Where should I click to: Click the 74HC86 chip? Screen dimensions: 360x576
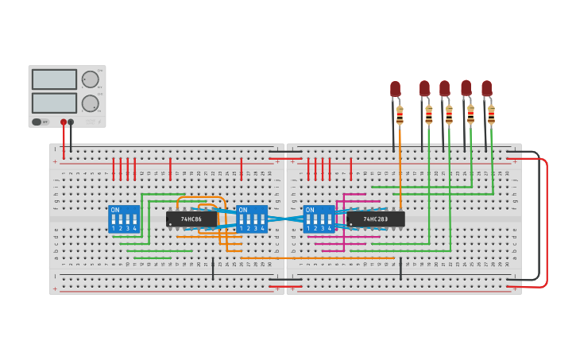pyautogui.click(x=191, y=219)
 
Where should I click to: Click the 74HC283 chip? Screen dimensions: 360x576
pyautogui.click(x=376, y=219)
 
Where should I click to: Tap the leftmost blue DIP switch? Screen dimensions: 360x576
pyautogui.click(x=123, y=219)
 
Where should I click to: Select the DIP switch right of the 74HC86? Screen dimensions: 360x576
pyautogui.click(x=252, y=219)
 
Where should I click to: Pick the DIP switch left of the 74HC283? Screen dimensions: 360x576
pyautogui.click(x=319, y=219)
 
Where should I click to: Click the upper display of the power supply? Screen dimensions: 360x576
pyautogui.click(x=54, y=79)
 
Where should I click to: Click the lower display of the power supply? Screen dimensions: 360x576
pyautogui.click(x=54, y=103)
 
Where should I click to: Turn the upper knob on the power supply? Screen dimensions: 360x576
pyautogui.click(x=90, y=79)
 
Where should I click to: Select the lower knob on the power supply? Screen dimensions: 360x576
pyautogui.click(x=90, y=103)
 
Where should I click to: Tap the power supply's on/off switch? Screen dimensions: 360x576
pyautogui.click(x=37, y=122)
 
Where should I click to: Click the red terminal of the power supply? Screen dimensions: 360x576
pyautogui.click(x=64, y=122)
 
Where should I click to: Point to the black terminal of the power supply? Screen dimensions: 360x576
pyautogui.click(x=71, y=122)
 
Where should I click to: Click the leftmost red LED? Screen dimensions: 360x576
pyautogui.click(x=395, y=88)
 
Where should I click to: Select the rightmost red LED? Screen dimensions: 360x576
pyautogui.click(x=486, y=88)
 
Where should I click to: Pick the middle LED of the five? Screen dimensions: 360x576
pyautogui.click(x=444, y=88)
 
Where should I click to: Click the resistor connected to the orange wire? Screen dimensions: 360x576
pyautogui.click(x=400, y=115)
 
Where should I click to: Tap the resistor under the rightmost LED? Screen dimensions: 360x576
pyautogui.click(x=491, y=115)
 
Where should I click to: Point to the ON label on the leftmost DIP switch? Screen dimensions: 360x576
pyautogui.click(x=115, y=211)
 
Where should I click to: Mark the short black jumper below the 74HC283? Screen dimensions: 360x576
pyautogui.click(x=400, y=268)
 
